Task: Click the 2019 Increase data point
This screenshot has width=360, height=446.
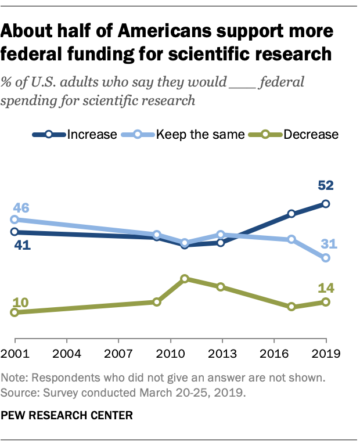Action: pos(326,204)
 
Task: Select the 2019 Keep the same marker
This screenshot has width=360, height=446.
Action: pos(326,258)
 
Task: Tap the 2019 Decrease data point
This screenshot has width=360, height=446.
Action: pos(326,302)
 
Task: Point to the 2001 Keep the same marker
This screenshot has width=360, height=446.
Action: pos(15,220)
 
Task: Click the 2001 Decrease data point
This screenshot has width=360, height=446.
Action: pos(15,312)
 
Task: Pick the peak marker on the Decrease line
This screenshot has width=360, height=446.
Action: pos(185,279)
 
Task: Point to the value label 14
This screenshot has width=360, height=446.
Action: pos(325,287)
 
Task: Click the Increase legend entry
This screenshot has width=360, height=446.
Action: pos(75,134)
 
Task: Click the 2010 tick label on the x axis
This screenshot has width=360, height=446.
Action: pos(170,353)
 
